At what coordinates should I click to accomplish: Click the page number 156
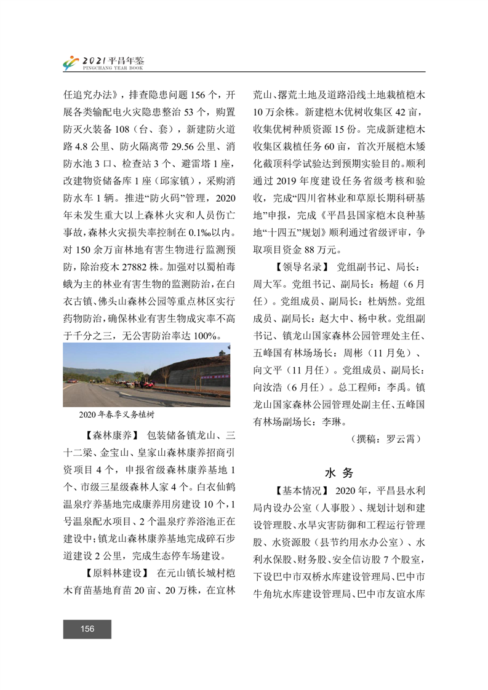click(x=87, y=629)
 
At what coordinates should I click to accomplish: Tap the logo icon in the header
click(x=71, y=63)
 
